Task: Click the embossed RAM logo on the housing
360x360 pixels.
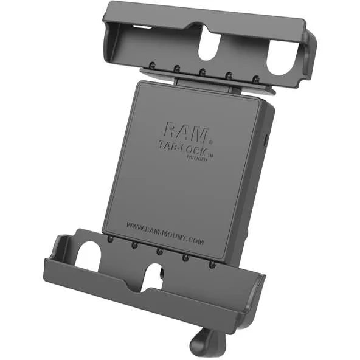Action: click(185, 130)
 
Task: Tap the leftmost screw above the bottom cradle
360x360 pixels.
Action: click(109, 239)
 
